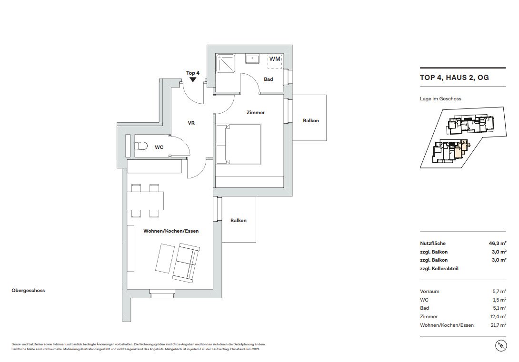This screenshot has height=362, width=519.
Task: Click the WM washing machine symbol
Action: tap(275, 61)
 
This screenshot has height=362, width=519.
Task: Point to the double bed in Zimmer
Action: tap(239, 144)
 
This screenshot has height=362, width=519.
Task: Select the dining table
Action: tap(145, 201)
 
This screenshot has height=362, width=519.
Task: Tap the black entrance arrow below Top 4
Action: tap(193, 79)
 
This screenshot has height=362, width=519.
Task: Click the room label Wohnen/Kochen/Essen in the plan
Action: tap(171, 231)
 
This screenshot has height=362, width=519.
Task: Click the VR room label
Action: tap(191, 123)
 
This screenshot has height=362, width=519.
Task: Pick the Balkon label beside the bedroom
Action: tap(311, 121)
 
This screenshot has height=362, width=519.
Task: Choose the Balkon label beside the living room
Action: tap(239, 221)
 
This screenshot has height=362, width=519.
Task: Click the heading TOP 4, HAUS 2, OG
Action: tap(454, 78)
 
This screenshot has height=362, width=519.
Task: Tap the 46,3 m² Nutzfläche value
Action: tap(498, 244)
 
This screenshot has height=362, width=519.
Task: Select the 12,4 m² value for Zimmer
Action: tap(498, 316)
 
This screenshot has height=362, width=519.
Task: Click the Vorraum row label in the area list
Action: tap(429, 291)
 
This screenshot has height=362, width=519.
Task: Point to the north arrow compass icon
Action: tap(501, 346)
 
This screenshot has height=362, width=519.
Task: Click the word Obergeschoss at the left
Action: tap(28, 291)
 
